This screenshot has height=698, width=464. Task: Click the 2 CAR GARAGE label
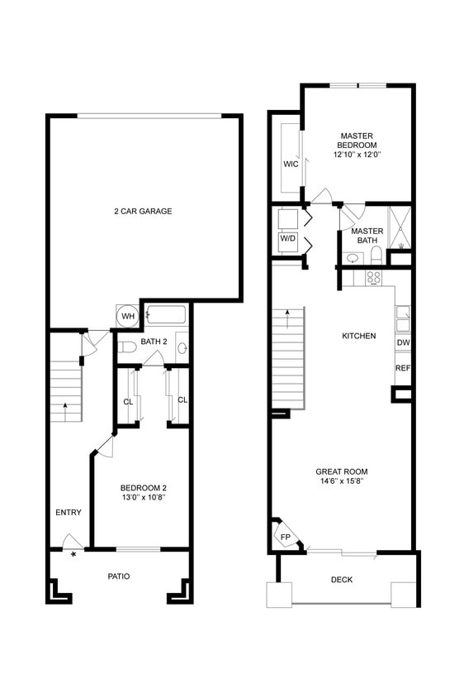coord(143,212)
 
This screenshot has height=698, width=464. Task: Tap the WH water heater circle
coord(128,316)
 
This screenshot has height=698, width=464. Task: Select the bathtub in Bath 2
coord(167,315)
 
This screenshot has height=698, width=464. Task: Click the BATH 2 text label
coord(154,342)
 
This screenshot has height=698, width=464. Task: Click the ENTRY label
coord(69,513)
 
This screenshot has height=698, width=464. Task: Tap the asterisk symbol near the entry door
coord(74,554)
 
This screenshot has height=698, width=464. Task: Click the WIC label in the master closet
coord(291,164)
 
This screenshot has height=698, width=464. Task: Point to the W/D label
coord(287,238)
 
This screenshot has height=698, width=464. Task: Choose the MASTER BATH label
coord(367,237)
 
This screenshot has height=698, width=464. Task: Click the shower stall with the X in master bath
coord(400,225)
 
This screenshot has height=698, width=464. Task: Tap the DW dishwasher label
coord(403,342)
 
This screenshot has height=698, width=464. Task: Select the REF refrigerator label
coord(403,368)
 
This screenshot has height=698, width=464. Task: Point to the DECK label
coord(342,580)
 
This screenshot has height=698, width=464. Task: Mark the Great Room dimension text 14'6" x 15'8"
coord(340,481)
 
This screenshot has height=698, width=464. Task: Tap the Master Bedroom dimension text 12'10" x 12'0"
coord(357,155)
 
